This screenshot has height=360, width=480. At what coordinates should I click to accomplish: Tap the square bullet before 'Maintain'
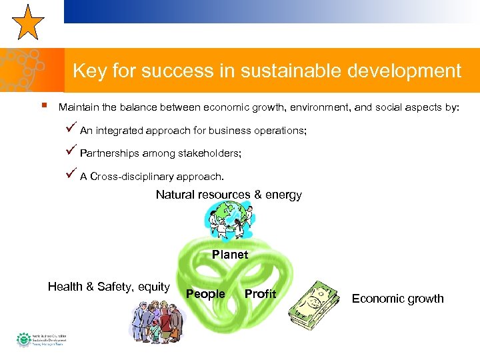point(43,105)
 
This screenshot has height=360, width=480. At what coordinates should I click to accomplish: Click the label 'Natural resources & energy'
point(229,195)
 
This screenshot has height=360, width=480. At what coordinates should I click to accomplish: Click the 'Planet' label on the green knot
point(230,255)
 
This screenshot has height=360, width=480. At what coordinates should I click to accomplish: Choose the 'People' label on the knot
point(205,294)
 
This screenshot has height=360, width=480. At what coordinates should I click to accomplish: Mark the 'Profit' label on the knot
point(260,294)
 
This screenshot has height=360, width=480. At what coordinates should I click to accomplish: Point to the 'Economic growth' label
point(397,299)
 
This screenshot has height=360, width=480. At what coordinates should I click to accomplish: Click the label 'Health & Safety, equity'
point(109,287)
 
